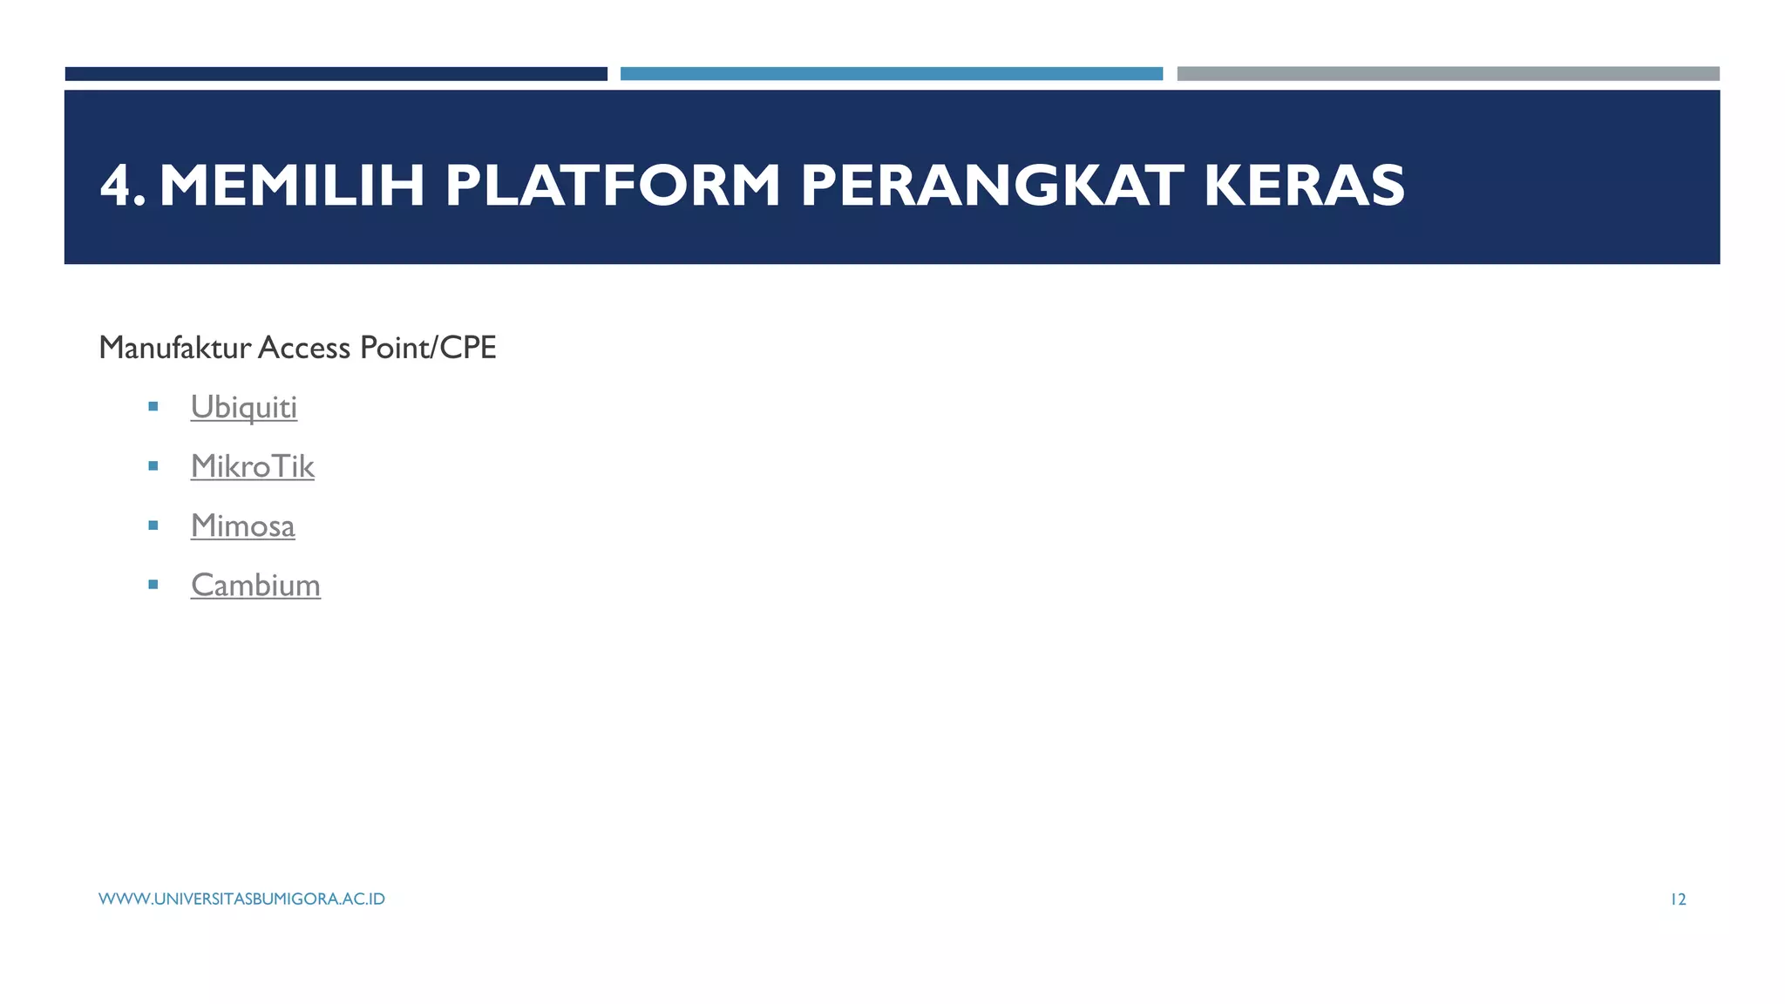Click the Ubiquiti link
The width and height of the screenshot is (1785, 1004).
244,407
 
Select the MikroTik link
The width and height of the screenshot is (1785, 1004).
253,466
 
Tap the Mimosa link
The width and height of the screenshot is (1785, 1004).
243,526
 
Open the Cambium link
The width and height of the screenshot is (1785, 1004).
255,585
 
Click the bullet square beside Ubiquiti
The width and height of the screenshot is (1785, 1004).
153,406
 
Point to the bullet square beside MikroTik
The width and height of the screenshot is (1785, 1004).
153,466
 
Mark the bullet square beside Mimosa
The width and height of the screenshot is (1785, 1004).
153,526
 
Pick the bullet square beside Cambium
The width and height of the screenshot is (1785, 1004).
153,585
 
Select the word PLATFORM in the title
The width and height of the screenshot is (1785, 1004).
613,186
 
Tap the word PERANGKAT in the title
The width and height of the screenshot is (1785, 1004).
992,186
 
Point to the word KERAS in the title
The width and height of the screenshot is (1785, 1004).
1304,186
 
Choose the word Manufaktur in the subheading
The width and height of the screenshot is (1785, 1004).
175,348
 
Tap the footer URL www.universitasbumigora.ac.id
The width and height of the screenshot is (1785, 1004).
241,899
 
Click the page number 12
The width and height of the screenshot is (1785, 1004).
1678,899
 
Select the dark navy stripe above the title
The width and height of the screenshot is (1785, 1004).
336,74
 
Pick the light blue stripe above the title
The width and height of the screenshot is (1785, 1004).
892,74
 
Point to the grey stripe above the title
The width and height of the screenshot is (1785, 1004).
1448,74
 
